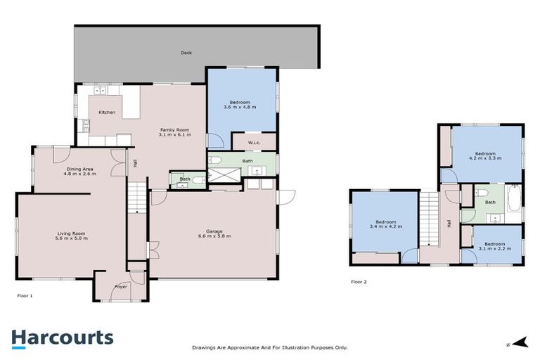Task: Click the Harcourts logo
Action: pyautogui.click(x=61, y=337)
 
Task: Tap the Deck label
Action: pyautogui.click(x=186, y=53)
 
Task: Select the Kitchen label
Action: pyautogui.click(x=107, y=112)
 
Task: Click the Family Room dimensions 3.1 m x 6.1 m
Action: pyautogui.click(x=174, y=134)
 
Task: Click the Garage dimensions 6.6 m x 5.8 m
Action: pyautogui.click(x=214, y=236)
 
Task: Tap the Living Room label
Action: pyautogui.click(x=70, y=233)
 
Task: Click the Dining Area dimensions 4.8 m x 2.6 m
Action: pyautogui.click(x=81, y=174)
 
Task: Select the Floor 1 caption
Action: pyautogui.click(x=25, y=296)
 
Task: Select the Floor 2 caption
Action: pyautogui.click(x=359, y=281)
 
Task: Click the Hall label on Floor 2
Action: pyautogui.click(x=449, y=224)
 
